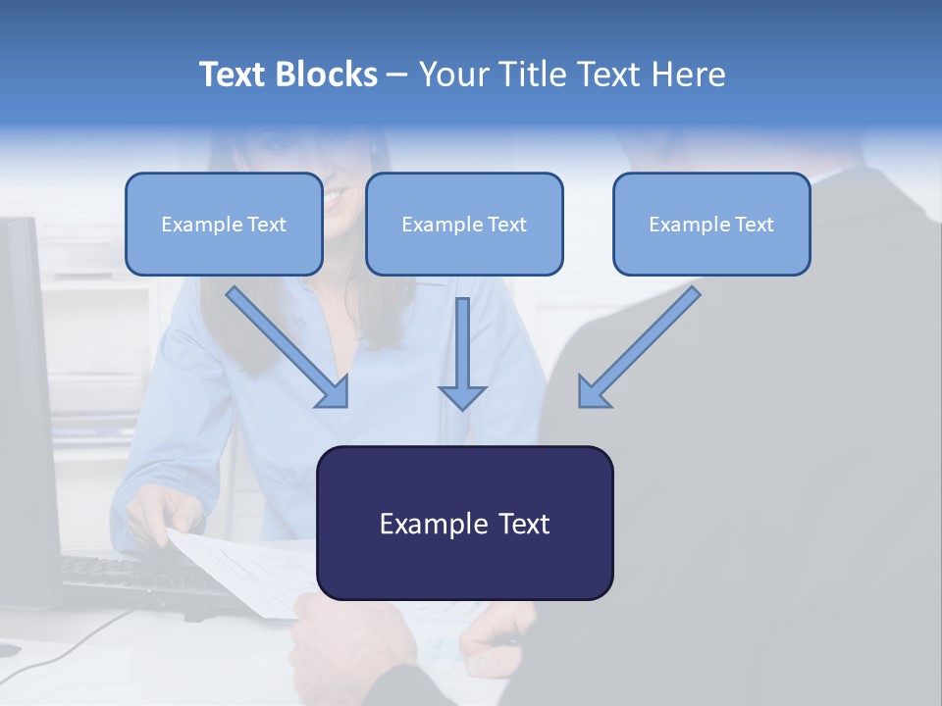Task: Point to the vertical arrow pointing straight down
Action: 462,348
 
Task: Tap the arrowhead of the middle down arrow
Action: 462,397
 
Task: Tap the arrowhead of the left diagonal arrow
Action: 334,392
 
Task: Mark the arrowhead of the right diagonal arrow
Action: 592,392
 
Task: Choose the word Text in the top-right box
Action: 754,225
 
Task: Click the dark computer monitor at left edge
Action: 25,392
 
